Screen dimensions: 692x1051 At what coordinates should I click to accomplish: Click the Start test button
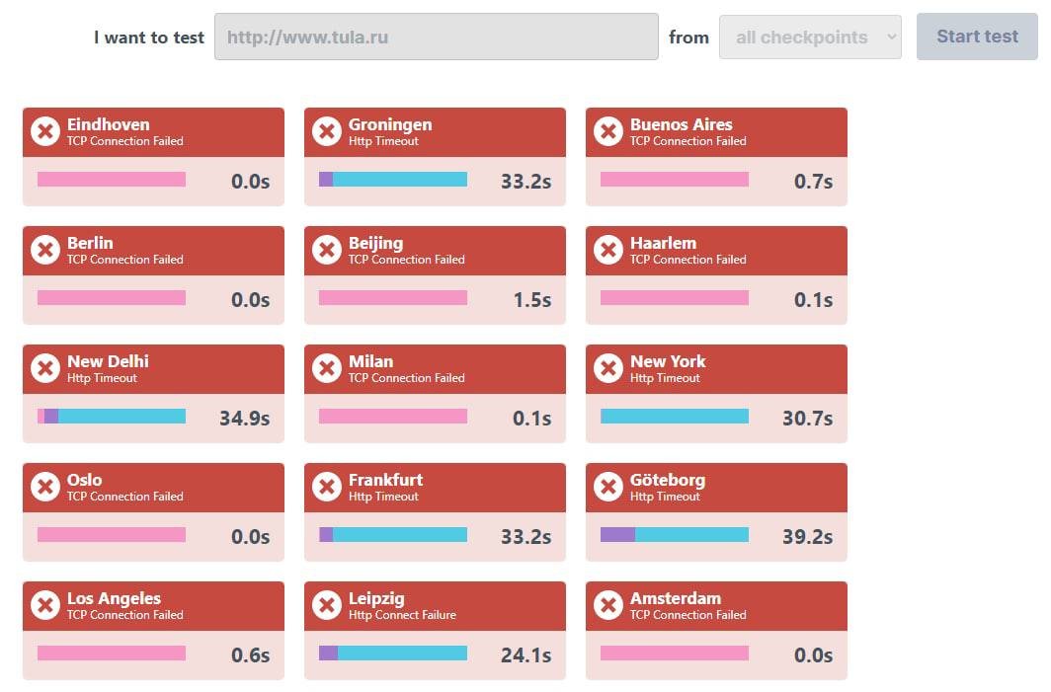click(977, 37)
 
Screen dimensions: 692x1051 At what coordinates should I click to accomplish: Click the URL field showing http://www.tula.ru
click(436, 38)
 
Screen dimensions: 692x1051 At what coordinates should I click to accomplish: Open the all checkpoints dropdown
click(810, 38)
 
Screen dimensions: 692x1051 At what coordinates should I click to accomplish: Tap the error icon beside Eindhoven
click(45, 131)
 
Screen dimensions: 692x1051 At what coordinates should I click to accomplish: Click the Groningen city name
click(390, 124)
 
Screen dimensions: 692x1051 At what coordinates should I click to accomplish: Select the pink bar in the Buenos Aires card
click(675, 180)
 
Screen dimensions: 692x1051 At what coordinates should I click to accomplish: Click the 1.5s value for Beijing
click(532, 300)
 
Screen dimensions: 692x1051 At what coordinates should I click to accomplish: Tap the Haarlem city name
click(663, 243)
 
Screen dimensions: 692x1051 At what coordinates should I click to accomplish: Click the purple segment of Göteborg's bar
click(617, 535)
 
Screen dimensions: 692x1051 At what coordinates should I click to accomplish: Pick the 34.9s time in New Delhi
click(244, 419)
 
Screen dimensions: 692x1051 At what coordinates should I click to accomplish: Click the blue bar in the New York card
click(675, 417)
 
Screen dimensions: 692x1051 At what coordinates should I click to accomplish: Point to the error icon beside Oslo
click(45, 487)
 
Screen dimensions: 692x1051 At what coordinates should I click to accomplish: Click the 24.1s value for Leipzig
click(525, 655)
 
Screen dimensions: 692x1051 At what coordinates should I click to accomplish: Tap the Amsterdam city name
click(676, 598)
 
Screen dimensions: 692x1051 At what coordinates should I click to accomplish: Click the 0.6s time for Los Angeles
click(250, 655)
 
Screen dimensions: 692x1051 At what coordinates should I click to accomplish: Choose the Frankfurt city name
click(385, 480)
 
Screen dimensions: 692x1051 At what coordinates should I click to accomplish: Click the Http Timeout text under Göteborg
click(665, 497)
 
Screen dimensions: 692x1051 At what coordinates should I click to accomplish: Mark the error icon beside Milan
click(327, 368)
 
